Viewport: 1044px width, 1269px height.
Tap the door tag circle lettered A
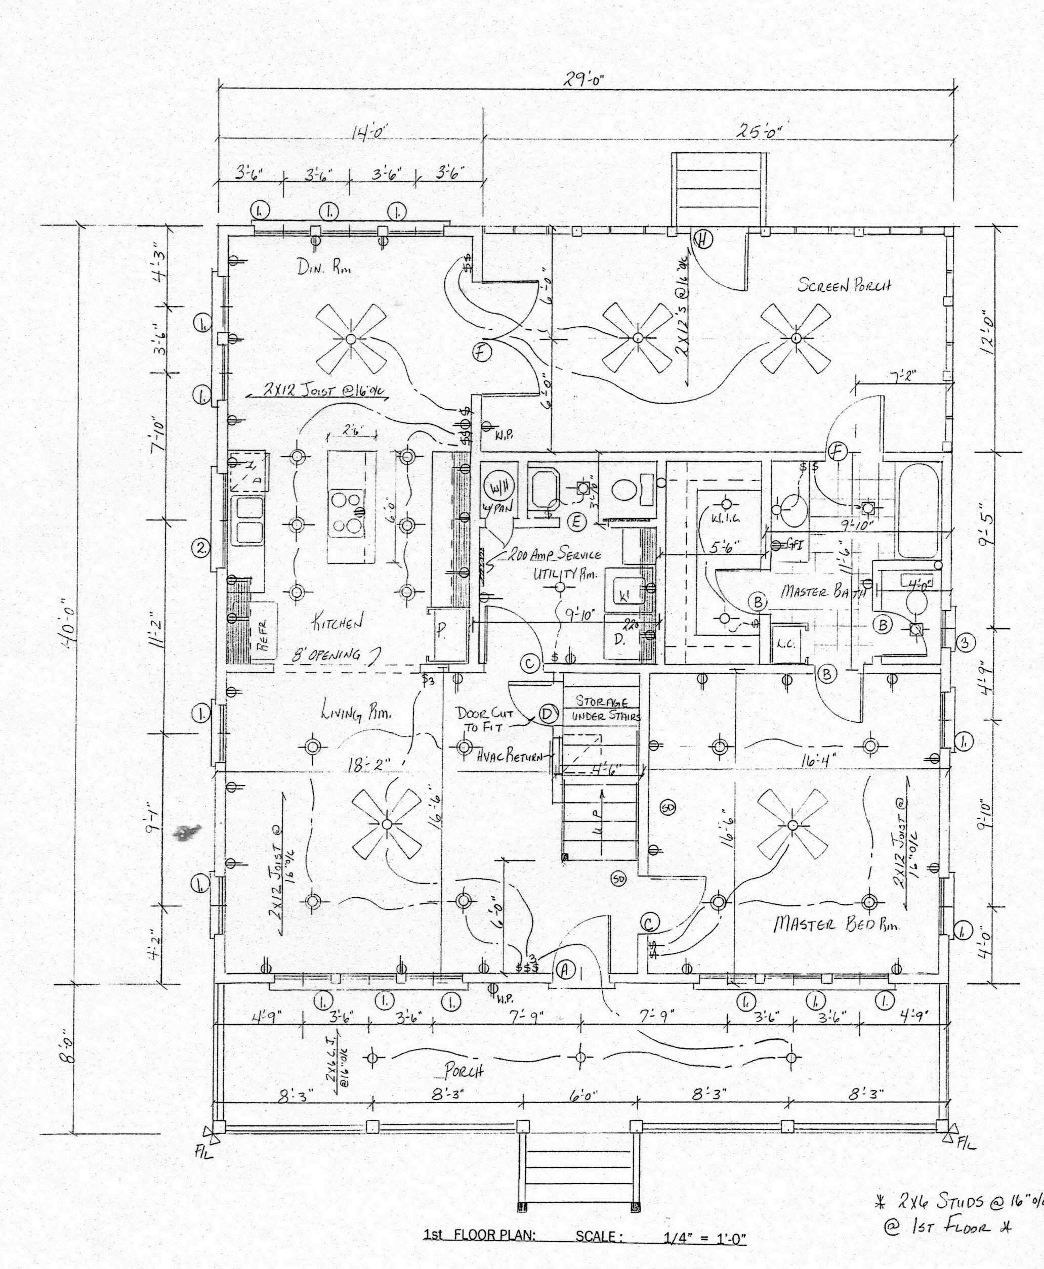coord(564,969)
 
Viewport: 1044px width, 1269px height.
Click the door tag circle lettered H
coord(703,239)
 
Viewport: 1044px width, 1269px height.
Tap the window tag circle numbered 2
coord(201,548)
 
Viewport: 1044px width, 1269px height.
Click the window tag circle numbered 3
coord(965,643)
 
